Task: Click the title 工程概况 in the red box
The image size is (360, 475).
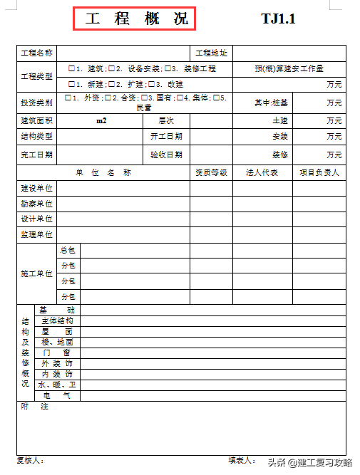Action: pos(134,19)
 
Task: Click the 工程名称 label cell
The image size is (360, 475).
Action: pos(37,53)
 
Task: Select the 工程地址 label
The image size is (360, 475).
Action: pos(211,53)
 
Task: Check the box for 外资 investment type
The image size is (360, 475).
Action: pos(68,98)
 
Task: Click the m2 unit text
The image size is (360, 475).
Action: pos(101,121)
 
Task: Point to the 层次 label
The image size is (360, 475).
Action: pos(166,121)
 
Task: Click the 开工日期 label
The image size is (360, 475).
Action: pos(166,136)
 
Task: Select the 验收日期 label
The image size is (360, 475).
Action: pos(166,155)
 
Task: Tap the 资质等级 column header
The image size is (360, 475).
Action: pos(211,173)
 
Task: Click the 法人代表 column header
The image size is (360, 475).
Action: pos(262,173)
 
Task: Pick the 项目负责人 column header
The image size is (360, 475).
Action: pos(319,173)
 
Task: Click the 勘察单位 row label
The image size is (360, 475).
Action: pos(37,204)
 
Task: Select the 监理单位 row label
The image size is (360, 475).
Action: pos(37,234)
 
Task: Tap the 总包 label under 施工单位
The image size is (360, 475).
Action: pos(68,250)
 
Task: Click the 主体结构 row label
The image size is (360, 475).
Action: pos(57,320)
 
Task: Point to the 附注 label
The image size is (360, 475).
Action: pos(34,407)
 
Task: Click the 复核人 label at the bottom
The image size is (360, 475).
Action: pos(30,460)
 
